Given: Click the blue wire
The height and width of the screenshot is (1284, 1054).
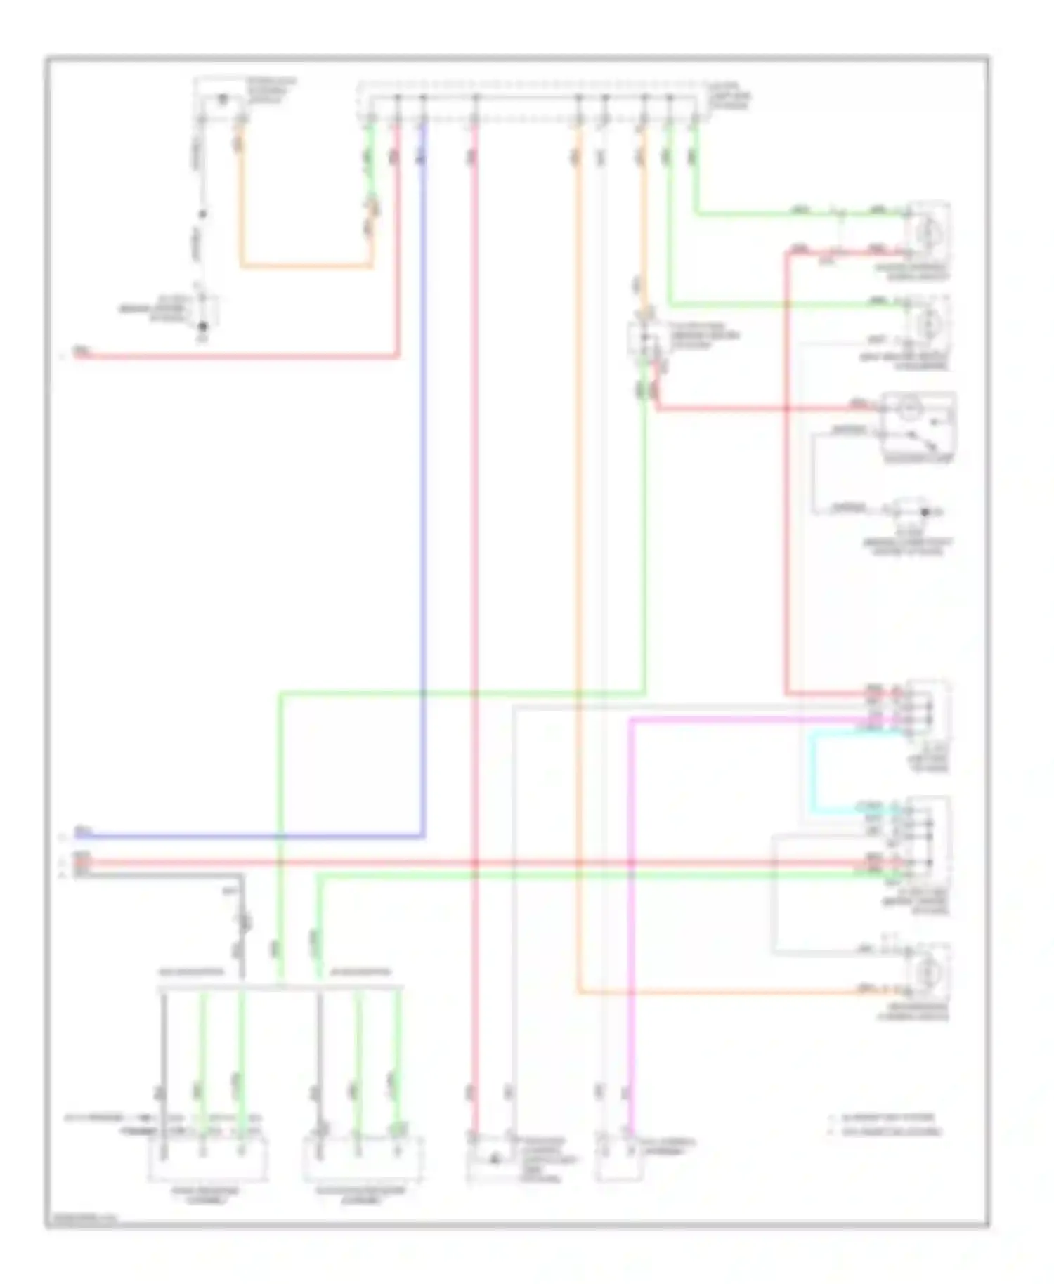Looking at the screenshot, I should [x=423, y=492].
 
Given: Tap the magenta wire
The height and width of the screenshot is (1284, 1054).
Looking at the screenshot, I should [x=630, y=913].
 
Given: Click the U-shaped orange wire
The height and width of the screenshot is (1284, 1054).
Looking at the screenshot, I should [x=306, y=266].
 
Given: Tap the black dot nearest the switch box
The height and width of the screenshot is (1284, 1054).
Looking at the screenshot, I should [x=925, y=512].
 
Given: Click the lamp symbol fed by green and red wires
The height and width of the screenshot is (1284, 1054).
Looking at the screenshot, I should [x=928, y=230].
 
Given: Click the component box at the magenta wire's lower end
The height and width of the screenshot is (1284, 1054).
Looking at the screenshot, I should [x=618, y=1155].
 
